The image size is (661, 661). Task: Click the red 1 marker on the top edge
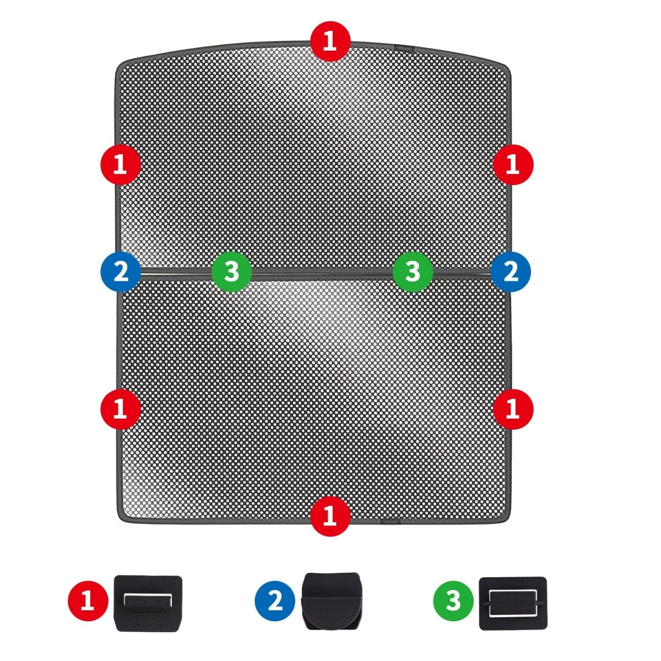pyautogui.click(x=330, y=41)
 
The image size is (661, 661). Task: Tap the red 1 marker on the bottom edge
pyautogui.click(x=330, y=516)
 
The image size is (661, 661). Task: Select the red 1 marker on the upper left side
pyautogui.click(x=121, y=165)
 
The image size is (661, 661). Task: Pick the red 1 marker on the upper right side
pyautogui.click(x=513, y=165)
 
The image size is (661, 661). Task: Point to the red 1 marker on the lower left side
pyautogui.click(x=121, y=409)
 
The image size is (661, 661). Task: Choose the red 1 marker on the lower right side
pyautogui.click(x=513, y=409)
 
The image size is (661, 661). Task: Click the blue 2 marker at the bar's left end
pyautogui.click(x=121, y=272)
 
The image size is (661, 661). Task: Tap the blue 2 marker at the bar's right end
pyautogui.click(x=511, y=272)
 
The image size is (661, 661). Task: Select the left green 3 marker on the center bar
pyautogui.click(x=231, y=272)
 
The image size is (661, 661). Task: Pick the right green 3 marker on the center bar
pyautogui.click(x=413, y=272)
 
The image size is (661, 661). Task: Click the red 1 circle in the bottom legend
pyautogui.click(x=88, y=601)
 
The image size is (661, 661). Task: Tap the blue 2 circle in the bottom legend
pyautogui.click(x=275, y=601)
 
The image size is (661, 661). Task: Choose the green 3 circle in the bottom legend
pyautogui.click(x=453, y=601)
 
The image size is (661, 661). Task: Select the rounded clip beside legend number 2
pyautogui.click(x=332, y=600)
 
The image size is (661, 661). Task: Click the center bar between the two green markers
pyautogui.click(x=322, y=273)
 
